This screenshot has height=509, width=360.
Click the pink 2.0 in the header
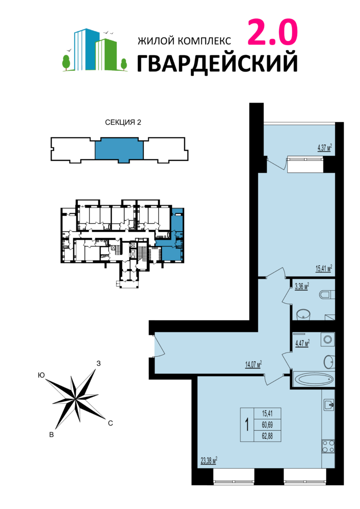(x=273, y=32)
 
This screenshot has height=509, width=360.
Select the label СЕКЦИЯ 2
(x=123, y=122)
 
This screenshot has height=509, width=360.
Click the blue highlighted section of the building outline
(x=119, y=149)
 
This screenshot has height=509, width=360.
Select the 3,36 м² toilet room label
(x=301, y=287)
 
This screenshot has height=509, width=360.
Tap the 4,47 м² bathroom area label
(x=302, y=343)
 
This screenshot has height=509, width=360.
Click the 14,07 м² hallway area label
(x=253, y=365)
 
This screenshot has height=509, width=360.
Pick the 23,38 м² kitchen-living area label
(x=209, y=460)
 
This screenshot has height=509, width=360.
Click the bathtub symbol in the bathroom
(x=313, y=379)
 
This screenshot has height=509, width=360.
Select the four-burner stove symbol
(x=328, y=446)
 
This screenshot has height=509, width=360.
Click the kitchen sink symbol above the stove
(x=329, y=404)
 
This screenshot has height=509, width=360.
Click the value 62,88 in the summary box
(x=267, y=436)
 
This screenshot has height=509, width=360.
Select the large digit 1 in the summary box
(x=247, y=424)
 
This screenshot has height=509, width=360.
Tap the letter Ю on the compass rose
(x=41, y=375)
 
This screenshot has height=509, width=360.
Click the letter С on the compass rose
(x=110, y=423)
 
